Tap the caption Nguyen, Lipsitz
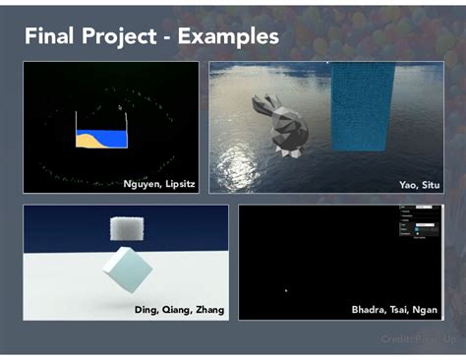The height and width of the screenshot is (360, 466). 158,184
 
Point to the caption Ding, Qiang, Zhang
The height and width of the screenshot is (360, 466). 179,310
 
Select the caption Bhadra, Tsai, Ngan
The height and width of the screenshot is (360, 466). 395,310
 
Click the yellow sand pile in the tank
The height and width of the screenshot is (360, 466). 90,140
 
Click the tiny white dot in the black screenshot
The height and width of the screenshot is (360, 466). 286,289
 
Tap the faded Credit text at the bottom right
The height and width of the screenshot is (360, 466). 418,339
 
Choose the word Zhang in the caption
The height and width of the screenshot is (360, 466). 207,310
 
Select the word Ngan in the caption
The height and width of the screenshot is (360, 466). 427,310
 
